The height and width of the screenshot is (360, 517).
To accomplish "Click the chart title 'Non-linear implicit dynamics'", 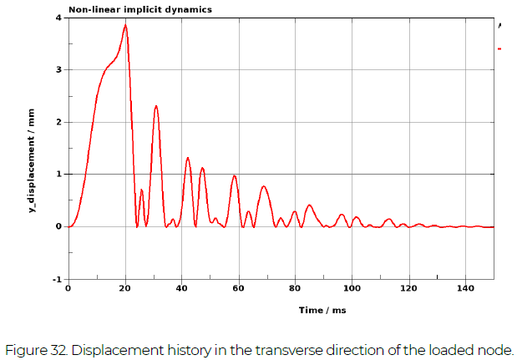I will coord(139,10).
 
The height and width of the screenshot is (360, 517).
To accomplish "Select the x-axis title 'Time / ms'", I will coord(322,310).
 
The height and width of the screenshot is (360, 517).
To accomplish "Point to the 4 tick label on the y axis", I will coord(58,18).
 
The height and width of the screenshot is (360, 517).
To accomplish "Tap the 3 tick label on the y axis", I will coord(58,70).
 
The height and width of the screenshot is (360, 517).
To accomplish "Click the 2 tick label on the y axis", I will coord(58,122).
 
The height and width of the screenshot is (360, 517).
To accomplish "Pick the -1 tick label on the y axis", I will coord(56,279).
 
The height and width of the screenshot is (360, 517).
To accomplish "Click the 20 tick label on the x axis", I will coord(125,288).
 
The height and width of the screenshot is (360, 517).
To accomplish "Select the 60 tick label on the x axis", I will coord(238,288).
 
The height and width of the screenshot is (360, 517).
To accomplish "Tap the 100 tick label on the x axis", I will coord(352,288).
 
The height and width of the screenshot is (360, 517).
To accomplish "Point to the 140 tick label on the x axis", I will coord(464,288).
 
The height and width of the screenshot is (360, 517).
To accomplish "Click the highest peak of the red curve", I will coord(125,25).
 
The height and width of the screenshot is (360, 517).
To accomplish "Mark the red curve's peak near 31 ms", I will coord(156,106).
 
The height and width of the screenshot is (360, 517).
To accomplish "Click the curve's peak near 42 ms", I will coord(188,158).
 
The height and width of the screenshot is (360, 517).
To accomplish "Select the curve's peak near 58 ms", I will coord(235,175).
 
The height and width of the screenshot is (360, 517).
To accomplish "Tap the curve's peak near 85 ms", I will coord(309,205).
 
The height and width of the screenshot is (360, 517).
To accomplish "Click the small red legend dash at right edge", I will coord(499,49).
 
